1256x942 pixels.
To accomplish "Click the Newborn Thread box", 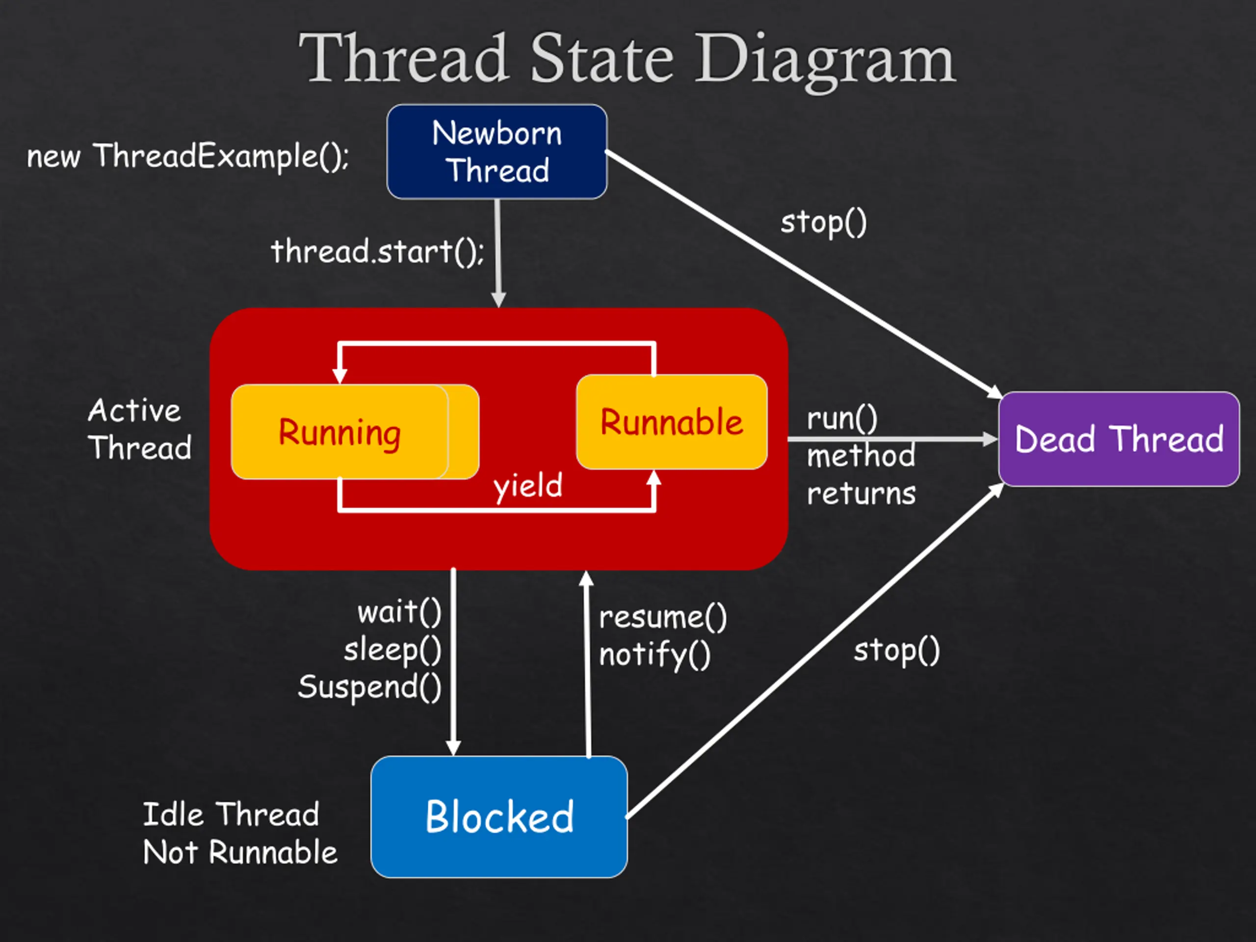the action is [x=497, y=152].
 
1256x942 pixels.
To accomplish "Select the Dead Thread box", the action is [x=1119, y=439].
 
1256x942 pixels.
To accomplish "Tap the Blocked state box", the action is [x=499, y=817].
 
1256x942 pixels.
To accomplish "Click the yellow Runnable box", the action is [x=672, y=422].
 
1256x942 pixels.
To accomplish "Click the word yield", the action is [x=528, y=487].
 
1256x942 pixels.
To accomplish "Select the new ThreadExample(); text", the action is [x=188, y=157].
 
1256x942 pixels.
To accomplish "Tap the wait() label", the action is [x=400, y=613].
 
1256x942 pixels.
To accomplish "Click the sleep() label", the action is [x=393, y=650].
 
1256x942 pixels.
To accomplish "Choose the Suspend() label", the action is [x=369, y=688].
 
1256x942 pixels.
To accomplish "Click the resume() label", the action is [x=663, y=618].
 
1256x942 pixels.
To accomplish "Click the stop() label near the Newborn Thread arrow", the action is [x=824, y=223].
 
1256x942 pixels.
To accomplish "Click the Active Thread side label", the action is [x=140, y=429].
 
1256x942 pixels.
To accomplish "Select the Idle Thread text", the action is [x=231, y=814].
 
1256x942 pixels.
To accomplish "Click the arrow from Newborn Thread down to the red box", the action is [x=498, y=253].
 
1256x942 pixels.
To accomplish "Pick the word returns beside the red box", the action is [x=862, y=494].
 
